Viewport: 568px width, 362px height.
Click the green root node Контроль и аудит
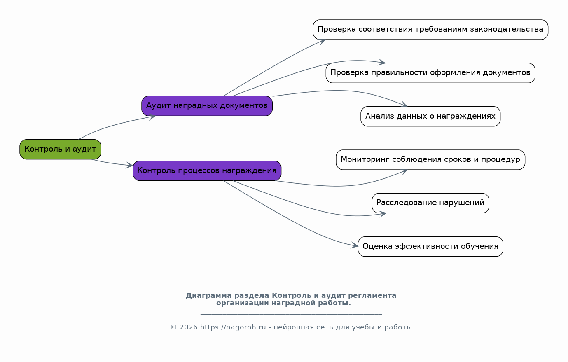click(61, 149)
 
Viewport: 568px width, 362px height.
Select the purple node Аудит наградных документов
click(207, 106)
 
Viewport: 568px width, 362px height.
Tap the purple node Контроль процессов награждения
click(207, 171)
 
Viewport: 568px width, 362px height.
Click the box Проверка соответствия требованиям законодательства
click(430, 30)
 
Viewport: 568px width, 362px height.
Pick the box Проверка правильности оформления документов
click(430, 73)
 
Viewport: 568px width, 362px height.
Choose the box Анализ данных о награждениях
click(430, 117)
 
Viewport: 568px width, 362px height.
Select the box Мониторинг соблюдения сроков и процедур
click(430, 160)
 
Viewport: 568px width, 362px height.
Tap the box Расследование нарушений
click(430, 203)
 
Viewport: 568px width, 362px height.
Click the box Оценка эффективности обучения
click(430, 247)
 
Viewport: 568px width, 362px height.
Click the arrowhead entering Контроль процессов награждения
click(130, 166)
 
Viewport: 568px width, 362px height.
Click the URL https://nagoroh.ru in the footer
click(233, 327)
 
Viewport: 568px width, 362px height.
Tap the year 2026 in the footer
click(188, 327)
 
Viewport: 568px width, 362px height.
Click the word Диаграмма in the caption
click(209, 296)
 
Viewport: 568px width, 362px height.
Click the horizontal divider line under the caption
click(291, 315)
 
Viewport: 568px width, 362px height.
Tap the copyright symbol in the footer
click(174, 327)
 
